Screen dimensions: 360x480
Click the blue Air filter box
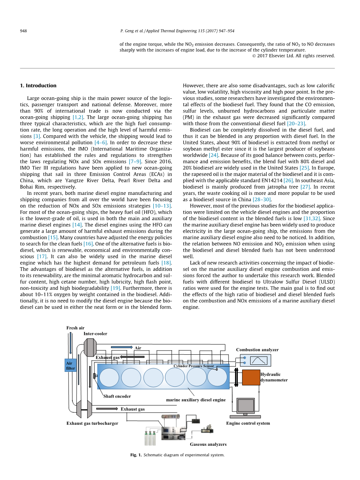click(x=70, y=365)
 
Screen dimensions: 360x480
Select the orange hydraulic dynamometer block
click(x=251, y=377)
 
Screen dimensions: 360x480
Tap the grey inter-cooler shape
click(x=90, y=347)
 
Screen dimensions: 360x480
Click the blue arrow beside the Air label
click(x=121, y=347)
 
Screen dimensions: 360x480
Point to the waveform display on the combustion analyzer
click(x=258, y=360)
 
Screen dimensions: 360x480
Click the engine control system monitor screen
click(x=246, y=406)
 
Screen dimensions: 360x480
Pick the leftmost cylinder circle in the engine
click(x=109, y=377)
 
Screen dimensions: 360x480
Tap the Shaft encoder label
click(x=117, y=396)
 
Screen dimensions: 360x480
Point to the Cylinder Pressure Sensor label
click(x=194, y=366)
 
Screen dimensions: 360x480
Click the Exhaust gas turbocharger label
click(x=92, y=423)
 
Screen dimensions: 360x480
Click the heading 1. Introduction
click(x=38, y=86)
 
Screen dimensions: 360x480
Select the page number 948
click(x=23, y=31)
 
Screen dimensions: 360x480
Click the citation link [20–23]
click(x=296, y=124)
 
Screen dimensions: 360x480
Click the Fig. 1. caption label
click(x=136, y=455)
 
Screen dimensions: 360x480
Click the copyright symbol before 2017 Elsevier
click(x=254, y=56)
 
